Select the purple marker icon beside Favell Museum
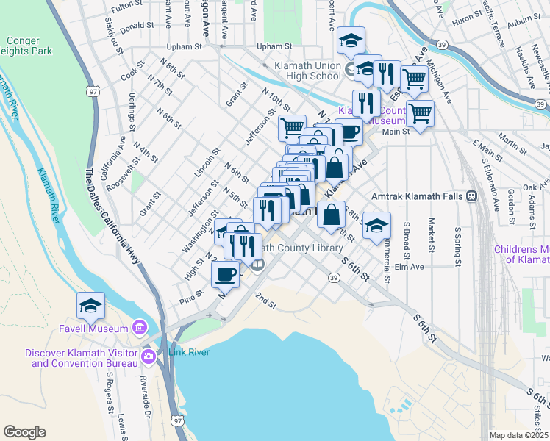(x=139, y=327)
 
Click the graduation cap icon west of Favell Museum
(x=90, y=305)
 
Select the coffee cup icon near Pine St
(x=225, y=275)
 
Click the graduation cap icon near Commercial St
(x=376, y=226)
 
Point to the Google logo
(x=24, y=432)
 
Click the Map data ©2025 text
(x=518, y=435)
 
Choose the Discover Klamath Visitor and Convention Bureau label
(x=82, y=358)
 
